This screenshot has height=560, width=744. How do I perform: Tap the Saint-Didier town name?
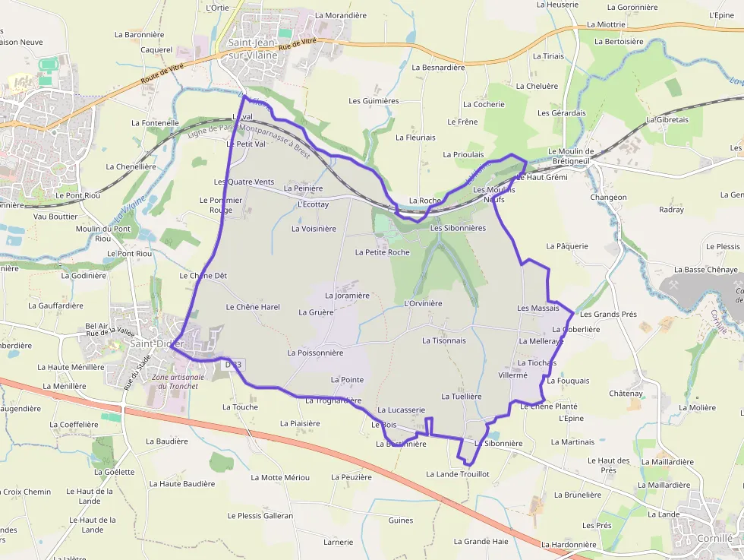[x=156, y=343]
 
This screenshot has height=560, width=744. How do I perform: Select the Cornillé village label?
[x=714, y=538]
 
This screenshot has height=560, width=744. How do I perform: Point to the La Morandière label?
[x=340, y=15]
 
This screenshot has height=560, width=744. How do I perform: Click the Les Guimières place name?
[x=374, y=101]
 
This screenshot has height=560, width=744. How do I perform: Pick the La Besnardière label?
[x=438, y=67]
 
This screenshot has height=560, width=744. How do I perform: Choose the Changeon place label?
[x=609, y=198]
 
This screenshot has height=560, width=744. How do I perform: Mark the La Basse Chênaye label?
[x=705, y=270]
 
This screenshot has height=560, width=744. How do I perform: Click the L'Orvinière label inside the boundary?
[x=424, y=303]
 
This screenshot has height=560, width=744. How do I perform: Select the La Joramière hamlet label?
[x=347, y=296]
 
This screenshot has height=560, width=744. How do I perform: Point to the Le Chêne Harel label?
[x=253, y=307]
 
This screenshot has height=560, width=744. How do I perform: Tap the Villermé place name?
[x=512, y=375]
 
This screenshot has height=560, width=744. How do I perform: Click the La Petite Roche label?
[x=382, y=252]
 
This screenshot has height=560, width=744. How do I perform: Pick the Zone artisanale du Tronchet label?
[x=178, y=381]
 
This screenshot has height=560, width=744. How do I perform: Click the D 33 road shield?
[x=233, y=365]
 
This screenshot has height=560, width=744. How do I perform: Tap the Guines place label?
[x=401, y=520]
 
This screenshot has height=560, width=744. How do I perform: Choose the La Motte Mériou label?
[x=285, y=477]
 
